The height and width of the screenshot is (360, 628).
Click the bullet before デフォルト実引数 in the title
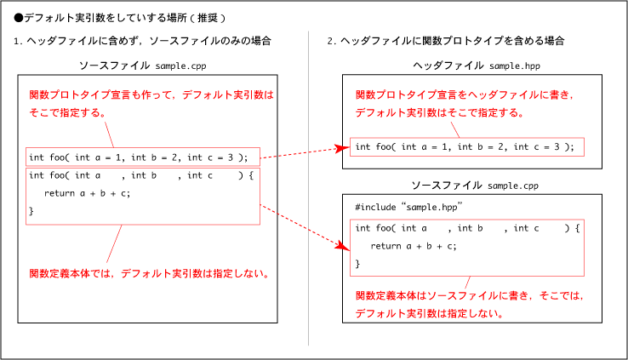point(19,18)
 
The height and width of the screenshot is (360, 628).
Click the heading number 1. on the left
point(18,41)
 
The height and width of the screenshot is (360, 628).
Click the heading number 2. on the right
point(332,41)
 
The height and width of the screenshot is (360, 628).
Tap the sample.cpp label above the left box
point(180,66)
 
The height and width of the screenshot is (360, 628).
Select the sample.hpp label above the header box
point(515,66)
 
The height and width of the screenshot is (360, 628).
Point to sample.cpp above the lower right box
point(513,186)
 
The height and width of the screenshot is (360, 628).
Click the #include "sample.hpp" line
point(408,207)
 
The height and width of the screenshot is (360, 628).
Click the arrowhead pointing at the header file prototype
point(341,149)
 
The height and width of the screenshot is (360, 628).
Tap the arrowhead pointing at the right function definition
point(343,246)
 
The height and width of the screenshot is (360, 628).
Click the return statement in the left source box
point(88,193)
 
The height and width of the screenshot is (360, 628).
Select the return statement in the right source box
point(414,246)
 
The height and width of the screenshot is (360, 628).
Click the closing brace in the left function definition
point(31,211)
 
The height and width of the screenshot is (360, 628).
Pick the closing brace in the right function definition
point(357,264)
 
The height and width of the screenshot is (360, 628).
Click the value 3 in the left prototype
point(231,157)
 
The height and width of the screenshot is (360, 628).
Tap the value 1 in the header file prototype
point(444,147)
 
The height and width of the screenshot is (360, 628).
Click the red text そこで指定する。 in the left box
point(67,112)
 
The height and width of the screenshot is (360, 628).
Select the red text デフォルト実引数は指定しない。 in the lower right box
point(430,313)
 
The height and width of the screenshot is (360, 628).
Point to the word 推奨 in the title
point(208,18)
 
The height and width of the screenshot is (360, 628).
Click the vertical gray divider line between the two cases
point(308,188)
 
